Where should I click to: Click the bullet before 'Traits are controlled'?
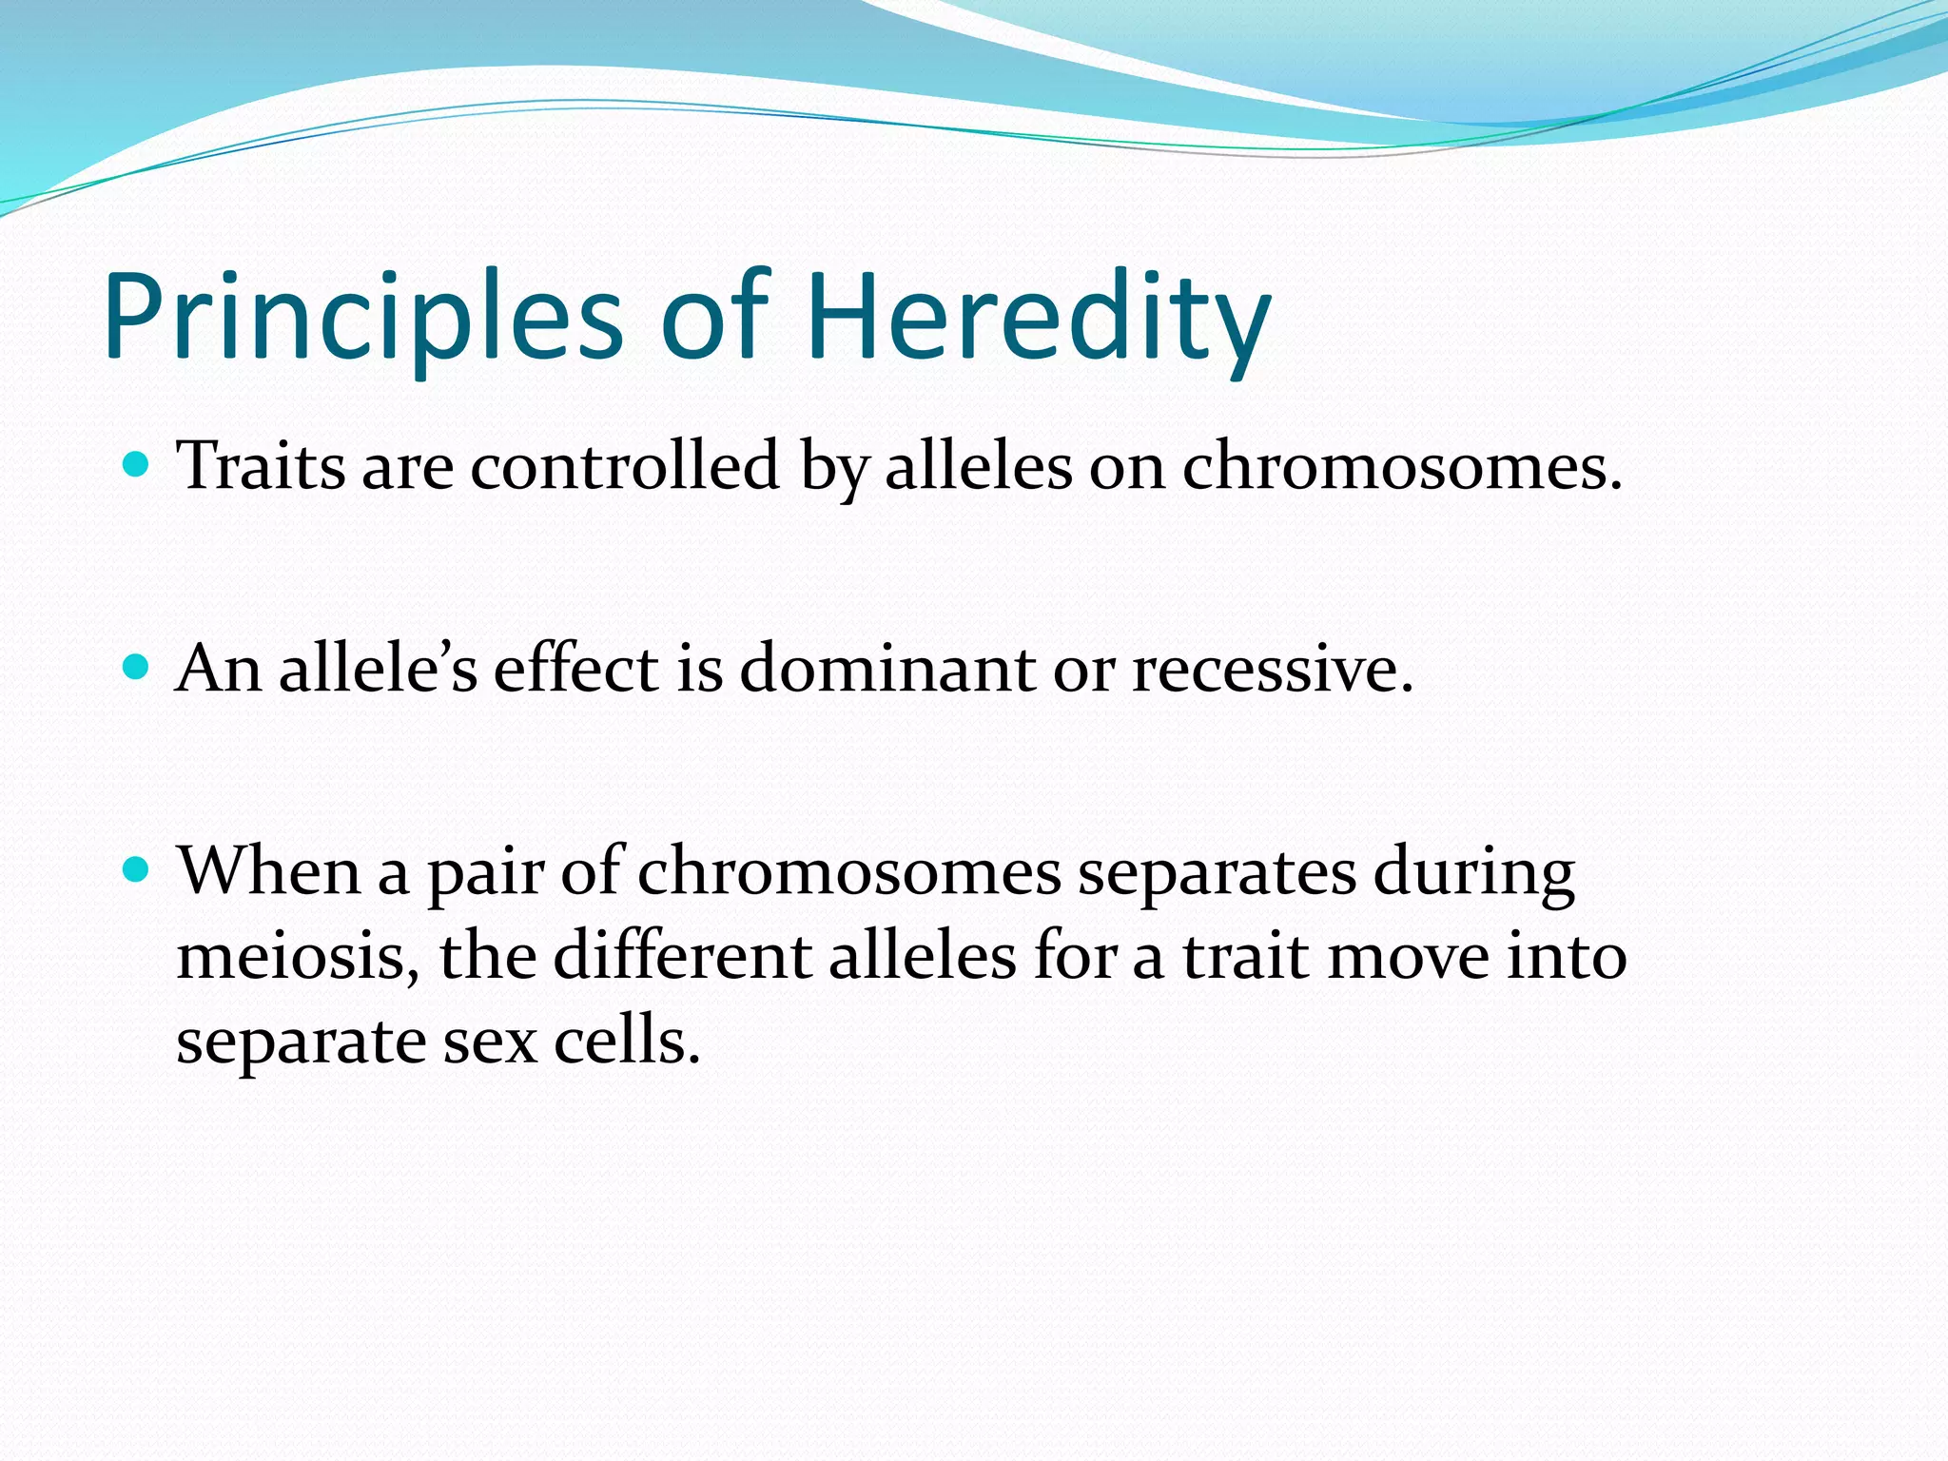tap(137, 465)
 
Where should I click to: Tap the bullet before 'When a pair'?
tap(137, 869)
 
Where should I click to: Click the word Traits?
tap(262, 467)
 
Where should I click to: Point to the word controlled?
tap(625, 467)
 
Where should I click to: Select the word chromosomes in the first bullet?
tap(1401, 469)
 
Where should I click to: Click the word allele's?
tap(378, 669)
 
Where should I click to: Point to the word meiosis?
tap(297, 956)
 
